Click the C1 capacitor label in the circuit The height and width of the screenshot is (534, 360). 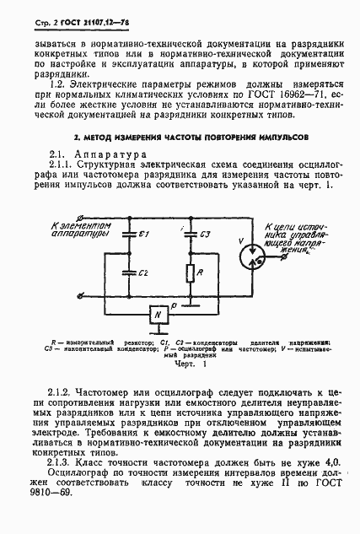pos(144,232)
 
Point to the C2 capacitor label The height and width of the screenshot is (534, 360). pos(144,273)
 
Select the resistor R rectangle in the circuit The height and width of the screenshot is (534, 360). pos(191,273)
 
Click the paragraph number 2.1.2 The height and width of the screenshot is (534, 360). pos(64,392)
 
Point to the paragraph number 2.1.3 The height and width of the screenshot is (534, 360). pos(64,463)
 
